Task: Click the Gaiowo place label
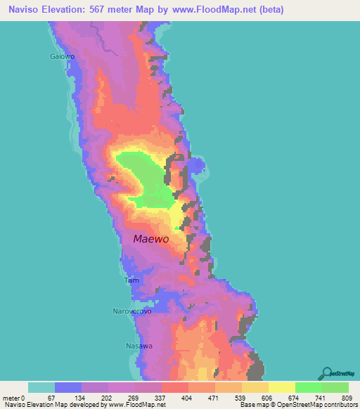[62, 56]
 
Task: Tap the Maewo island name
[151, 239]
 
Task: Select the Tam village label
[131, 280]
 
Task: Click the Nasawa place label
[139, 346]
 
